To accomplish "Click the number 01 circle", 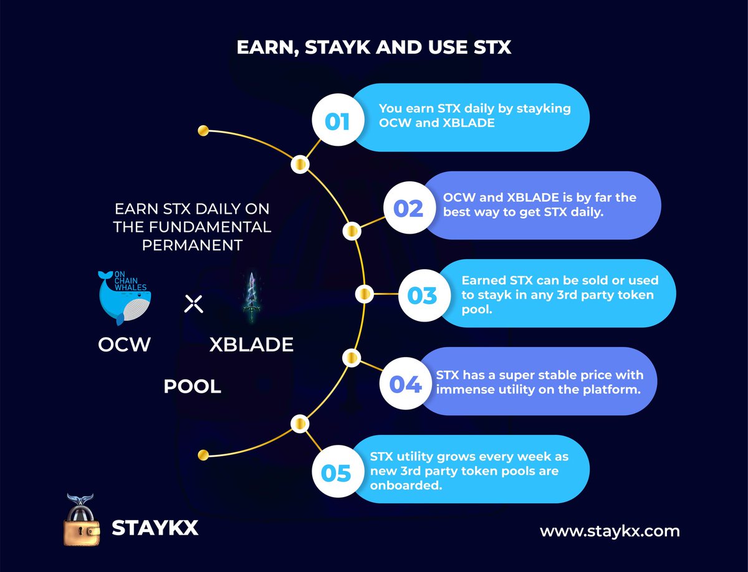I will point(337,120).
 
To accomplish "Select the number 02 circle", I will point(408,209).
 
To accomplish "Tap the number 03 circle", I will point(422,295).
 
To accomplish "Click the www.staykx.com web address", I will point(610,531).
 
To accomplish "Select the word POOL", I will point(192,387).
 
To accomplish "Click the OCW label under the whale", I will point(125,345).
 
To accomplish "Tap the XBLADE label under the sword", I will point(251,345).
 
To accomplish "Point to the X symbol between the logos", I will point(194,304).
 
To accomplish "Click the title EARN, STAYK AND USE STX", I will point(374,47).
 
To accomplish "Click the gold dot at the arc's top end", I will point(202,131).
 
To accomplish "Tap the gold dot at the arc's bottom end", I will point(202,455).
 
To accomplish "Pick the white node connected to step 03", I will point(365,293).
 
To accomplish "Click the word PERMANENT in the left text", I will point(192,245).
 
